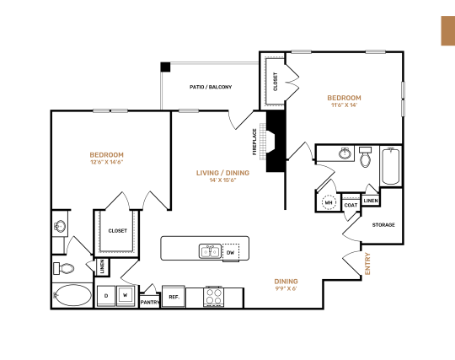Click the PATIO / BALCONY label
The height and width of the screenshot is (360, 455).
tap(209, 87)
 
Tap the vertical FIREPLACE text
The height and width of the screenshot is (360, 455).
tap(254, 142)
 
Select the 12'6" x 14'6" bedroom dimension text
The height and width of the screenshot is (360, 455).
tap(107, 164)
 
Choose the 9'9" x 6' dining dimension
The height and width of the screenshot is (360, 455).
tap(286, 289)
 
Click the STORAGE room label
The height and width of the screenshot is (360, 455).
tap(383, 224)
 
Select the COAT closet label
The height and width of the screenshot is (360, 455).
tap(351, 204)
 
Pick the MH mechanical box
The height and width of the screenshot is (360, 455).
tap(328, 202)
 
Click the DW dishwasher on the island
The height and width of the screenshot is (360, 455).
tap(230, 251)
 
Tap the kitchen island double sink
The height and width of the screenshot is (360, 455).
tap(210, 250)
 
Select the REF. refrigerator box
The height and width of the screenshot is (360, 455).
tap(174, 296)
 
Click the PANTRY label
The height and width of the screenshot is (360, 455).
tap(150, 302)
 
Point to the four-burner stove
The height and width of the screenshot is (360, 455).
tap(213, 297)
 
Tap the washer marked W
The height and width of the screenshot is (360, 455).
tap(126, 295)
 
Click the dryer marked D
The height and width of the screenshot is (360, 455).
tap(106, 295)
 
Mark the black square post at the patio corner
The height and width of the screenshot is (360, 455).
tap(166, 67)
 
